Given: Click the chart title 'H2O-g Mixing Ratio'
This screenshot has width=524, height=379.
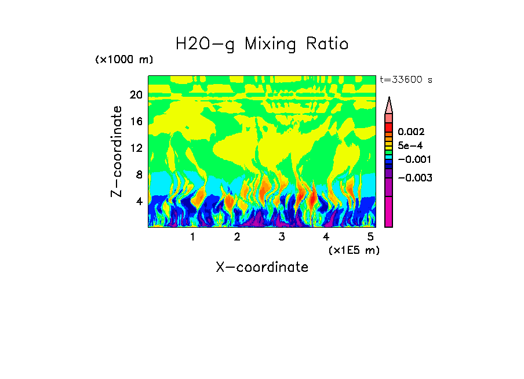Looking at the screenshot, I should point(262,43).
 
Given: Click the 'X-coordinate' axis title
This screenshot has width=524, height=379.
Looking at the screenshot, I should point(262,267).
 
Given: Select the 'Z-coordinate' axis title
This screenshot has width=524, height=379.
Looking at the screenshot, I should point(117,151).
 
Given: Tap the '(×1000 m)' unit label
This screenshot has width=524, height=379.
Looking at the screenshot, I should point(124,60).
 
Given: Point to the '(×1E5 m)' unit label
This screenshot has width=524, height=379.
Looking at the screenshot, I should point(354,250).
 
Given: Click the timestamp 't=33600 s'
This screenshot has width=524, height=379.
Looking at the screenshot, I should point(406,81).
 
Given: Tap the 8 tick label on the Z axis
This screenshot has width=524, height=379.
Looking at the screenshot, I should point(139,174).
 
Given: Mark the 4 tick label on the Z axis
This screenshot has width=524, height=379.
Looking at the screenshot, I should point(139,201).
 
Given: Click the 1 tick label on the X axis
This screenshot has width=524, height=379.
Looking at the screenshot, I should point(192,237).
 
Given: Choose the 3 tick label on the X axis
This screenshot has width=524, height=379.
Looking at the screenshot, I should point(281,237).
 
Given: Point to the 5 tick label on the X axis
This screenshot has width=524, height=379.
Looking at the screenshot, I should point(370,237).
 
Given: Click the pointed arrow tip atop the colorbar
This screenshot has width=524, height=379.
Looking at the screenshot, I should point(389,101).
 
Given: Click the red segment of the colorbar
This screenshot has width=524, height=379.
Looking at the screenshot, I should point(389,127).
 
